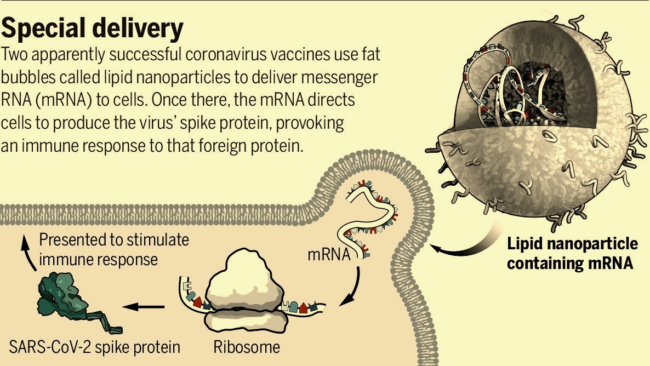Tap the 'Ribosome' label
(x=246, y=347)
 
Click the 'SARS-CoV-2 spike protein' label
(x=95, y=347)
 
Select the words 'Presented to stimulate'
(x=114, y=240)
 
